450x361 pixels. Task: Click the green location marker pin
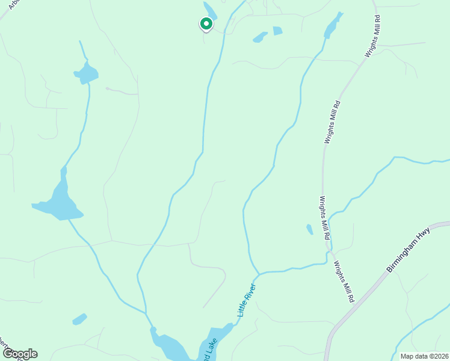(206, 24)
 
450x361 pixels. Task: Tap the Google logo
(19, 354)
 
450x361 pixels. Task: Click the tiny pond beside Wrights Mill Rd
(310, 229)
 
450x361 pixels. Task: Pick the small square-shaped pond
(277, 31)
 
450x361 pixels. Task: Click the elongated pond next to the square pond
(260, 37)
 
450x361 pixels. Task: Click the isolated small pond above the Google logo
(79, 319)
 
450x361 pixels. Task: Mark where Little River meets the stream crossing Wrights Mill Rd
(259, 274)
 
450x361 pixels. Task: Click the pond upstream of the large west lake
(87, 74)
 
